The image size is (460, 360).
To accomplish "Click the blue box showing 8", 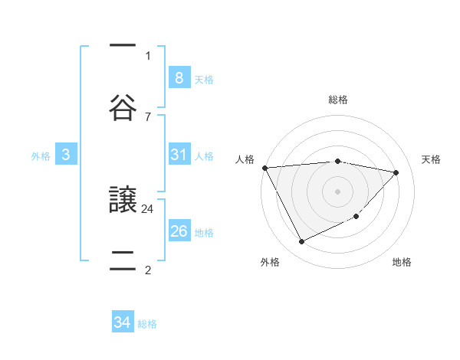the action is (x=179, y=77).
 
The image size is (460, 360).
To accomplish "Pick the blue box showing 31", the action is (x=179, y=155).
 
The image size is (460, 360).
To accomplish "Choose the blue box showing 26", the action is (x=179, y=231).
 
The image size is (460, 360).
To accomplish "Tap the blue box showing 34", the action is (x=123, y=322).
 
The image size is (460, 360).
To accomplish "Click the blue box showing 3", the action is (x=66, y=155).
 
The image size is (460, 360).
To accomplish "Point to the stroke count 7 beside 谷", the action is (x=148, y=116).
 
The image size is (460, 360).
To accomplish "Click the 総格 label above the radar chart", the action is (x=338, y=100).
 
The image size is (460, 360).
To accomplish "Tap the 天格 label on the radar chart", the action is (x=432, y=159).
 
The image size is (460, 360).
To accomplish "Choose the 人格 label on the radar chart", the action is (x=245, y=159).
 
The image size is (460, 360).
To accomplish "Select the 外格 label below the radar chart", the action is (x=270, y=263).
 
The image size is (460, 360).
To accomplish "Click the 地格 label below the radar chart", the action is (x=402, y=263).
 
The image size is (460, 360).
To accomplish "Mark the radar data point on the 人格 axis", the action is (x=264, y=168).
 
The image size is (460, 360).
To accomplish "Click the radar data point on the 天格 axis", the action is (x=396, y=172).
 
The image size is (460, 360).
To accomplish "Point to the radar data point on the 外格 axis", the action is (x=301, y=242).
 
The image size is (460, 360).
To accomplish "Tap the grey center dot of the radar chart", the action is (x=337, y=191).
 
